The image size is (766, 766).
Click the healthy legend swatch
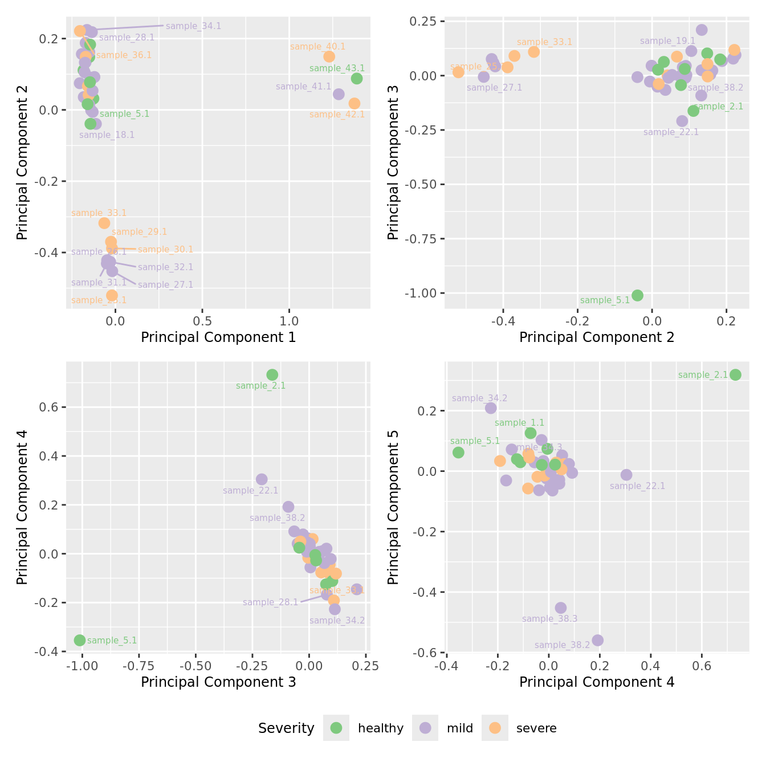tap(336, 728)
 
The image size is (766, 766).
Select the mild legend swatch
tap(425, 728)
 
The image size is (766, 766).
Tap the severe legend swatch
tap(495, 728)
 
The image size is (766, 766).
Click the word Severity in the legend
tap(286, 728)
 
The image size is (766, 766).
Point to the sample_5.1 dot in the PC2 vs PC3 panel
tap(637, 295)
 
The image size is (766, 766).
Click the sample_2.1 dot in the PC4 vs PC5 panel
tap(735, 374)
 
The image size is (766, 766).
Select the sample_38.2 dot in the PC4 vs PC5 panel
tap(597, 640)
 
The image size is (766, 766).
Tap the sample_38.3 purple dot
tap(561, 608)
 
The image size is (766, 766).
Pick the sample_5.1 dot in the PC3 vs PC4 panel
tap(80, 640)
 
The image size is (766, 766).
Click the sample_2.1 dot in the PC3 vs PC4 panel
tap(272, 374)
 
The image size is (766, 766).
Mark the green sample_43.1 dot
tap(357, 79)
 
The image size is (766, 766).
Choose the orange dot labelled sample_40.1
tap(329, 56)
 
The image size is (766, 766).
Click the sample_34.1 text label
tap(193, 26)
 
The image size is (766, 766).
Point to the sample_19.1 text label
tap(667, 41)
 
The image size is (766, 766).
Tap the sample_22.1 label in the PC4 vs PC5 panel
tap(637, 486)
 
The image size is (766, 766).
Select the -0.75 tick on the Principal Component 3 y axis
tap(421, 239)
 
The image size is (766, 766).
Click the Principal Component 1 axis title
tap(218, 337)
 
